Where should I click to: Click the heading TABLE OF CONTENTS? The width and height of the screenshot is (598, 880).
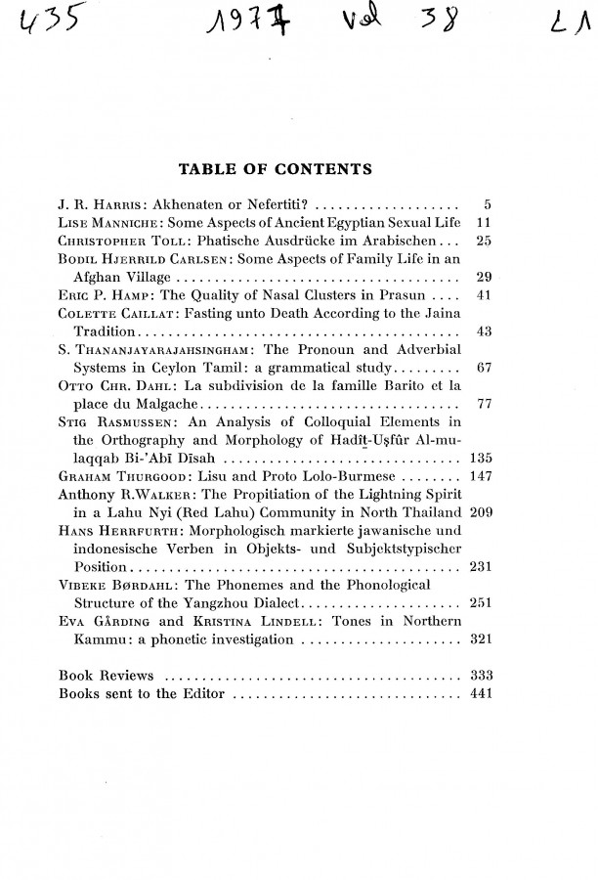tap(273, 170)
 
